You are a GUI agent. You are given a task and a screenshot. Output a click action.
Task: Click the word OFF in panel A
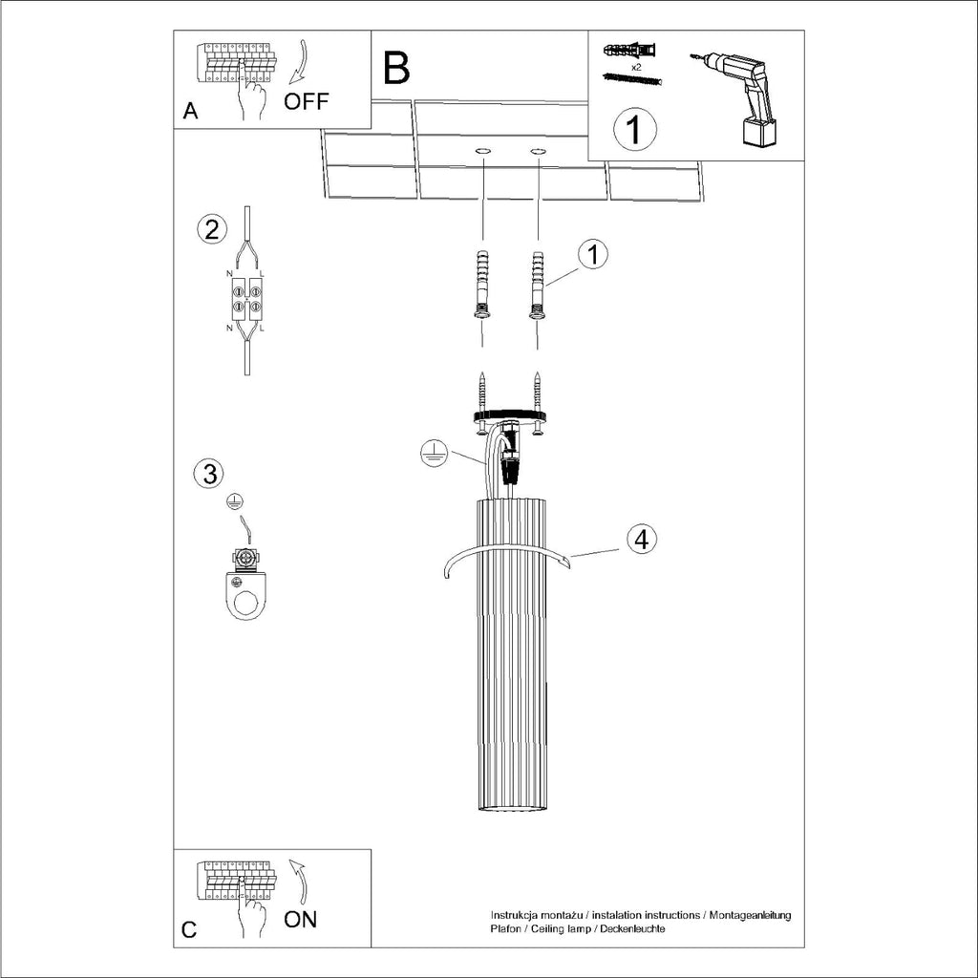click(x=307, y=102)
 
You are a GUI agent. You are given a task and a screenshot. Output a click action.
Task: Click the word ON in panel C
click(x=301, y=920)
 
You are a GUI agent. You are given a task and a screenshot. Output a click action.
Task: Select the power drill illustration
click(x=741, y=96)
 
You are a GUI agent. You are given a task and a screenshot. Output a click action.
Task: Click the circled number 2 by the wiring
click(x=211, y=229)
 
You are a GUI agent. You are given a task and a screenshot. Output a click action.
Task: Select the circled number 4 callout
click(x=642, y=539)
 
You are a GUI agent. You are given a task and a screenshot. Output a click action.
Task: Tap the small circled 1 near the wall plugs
click(x=593, y=254)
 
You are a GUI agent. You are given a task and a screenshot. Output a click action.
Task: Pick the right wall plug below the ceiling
click(x=538, y=286)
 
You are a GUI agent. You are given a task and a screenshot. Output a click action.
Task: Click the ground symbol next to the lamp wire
click(x=434, y=455)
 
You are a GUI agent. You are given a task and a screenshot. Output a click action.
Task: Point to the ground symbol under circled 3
click(x=232, y=500)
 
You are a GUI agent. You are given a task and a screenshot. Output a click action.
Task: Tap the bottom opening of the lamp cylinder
click(x=511, y=810)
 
